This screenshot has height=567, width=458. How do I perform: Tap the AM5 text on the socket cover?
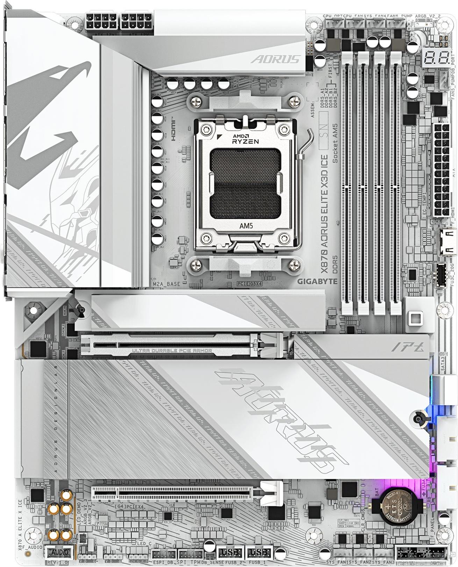coord(246,226)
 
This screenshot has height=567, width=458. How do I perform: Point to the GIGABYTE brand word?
coord(317,281)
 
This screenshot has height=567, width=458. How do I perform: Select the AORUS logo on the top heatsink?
coord(276,59)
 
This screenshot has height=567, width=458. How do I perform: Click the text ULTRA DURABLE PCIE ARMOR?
coord(172,350)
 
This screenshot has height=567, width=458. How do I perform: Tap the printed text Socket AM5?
coord(335,143)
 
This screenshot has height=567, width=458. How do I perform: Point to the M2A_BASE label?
coord(166,284)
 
